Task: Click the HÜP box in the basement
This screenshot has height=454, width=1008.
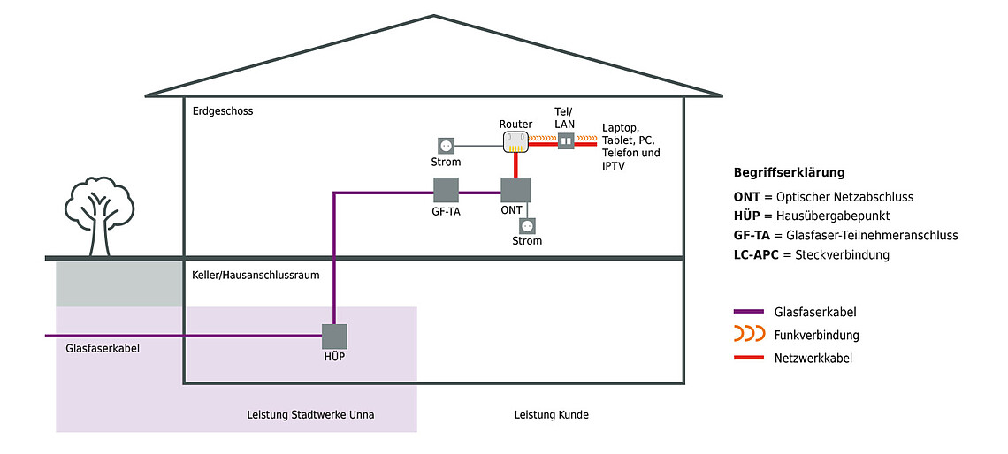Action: click(x=334, y=337)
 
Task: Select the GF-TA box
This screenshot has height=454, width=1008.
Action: click(x=446, y=191)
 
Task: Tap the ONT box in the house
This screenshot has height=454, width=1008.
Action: click(x=515, y=191)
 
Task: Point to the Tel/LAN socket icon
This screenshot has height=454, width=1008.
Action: click(x=566, y=141)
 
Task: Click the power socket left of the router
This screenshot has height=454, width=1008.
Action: click(x=447, y=144)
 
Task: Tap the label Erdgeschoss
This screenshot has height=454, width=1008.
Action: click(x=223, y=111)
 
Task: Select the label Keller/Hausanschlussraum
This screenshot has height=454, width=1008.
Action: click(x=256, y=276)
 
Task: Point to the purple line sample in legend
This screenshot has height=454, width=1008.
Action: click(x=749, y=312)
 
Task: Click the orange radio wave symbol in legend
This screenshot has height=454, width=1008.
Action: click(x=749, y=335)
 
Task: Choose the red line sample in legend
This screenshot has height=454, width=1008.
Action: click(x=749, y=358)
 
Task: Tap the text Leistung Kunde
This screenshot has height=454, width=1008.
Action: click(x=551, y=415)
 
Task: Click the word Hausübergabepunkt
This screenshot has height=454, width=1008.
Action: click(x=839, y=216)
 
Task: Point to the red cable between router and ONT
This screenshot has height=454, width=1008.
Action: click(x=515, y=164)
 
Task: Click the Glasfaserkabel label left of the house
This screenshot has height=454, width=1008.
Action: click(x=103, y=349)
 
